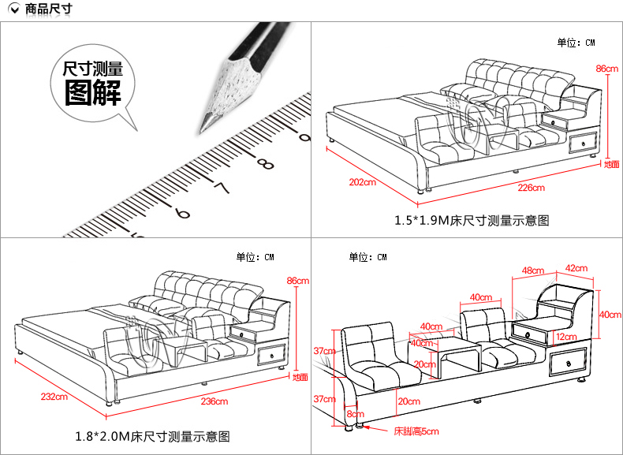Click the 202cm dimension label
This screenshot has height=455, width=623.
click(x=362, y=183)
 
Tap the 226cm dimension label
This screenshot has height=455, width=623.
click(x=531, y=188)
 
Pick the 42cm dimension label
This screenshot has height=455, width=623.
click(x=576, y=268)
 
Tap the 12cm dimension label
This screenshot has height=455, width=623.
click(x=565, y=337)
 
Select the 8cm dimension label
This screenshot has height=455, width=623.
click(x=355, y=413)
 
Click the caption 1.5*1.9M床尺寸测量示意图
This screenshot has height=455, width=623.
click(x=472, y=220)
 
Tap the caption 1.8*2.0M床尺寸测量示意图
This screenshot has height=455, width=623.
click(x=153, y=436)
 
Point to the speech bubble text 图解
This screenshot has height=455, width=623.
click(x=93, y=94)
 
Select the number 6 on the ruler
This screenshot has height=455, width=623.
click(x=182, y=213)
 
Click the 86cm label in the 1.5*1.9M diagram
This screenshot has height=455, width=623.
click(x=606, y=69)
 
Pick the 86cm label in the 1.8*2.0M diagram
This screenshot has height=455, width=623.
click(x=297, y=281)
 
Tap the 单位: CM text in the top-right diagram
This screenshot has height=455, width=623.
click(x=576, y=43)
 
